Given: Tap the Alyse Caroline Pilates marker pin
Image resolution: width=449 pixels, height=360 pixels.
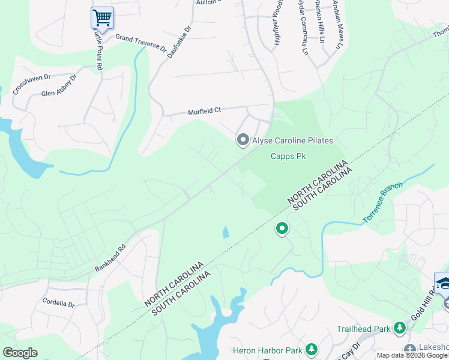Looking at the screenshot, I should (x=243, y=140).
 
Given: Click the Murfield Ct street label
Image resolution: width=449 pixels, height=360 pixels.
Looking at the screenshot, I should (x=204, y=110).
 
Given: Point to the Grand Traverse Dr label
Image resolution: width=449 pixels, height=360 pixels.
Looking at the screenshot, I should (x=140, y=44).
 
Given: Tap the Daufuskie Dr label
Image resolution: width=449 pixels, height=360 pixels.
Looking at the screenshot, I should (x=179, y=40).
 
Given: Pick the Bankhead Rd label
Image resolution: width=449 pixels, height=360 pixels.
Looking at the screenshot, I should (x=110, y=257).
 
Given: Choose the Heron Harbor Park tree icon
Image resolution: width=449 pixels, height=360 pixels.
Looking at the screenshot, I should (x=311, y=349).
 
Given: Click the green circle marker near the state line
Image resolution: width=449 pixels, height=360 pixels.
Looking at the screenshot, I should (x=282, y=229).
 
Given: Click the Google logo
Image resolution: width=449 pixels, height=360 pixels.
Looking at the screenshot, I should (x=20, y=353).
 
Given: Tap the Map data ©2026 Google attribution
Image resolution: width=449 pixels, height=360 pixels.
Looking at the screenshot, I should (x=412, y=355).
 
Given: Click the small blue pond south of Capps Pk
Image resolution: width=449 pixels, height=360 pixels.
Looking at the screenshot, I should (x=225, y=232).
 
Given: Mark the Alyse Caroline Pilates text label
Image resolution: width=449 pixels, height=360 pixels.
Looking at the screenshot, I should (x=293, y=140).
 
